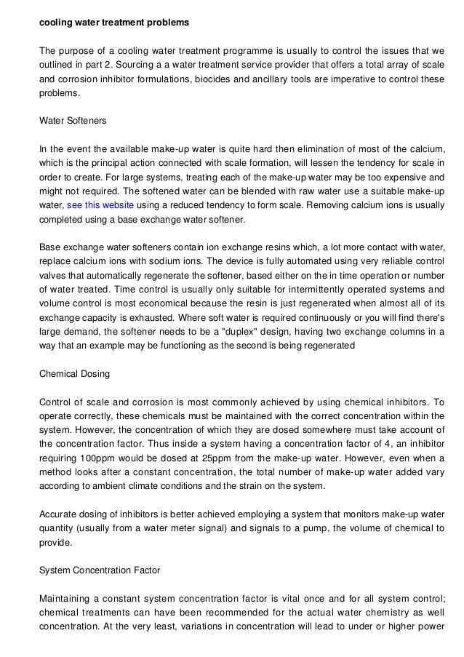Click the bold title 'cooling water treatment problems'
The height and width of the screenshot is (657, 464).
click(113, 23)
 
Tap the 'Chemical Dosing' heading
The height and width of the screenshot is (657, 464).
click(74, 374)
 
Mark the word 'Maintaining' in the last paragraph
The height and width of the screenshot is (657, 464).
click(66, 599)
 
